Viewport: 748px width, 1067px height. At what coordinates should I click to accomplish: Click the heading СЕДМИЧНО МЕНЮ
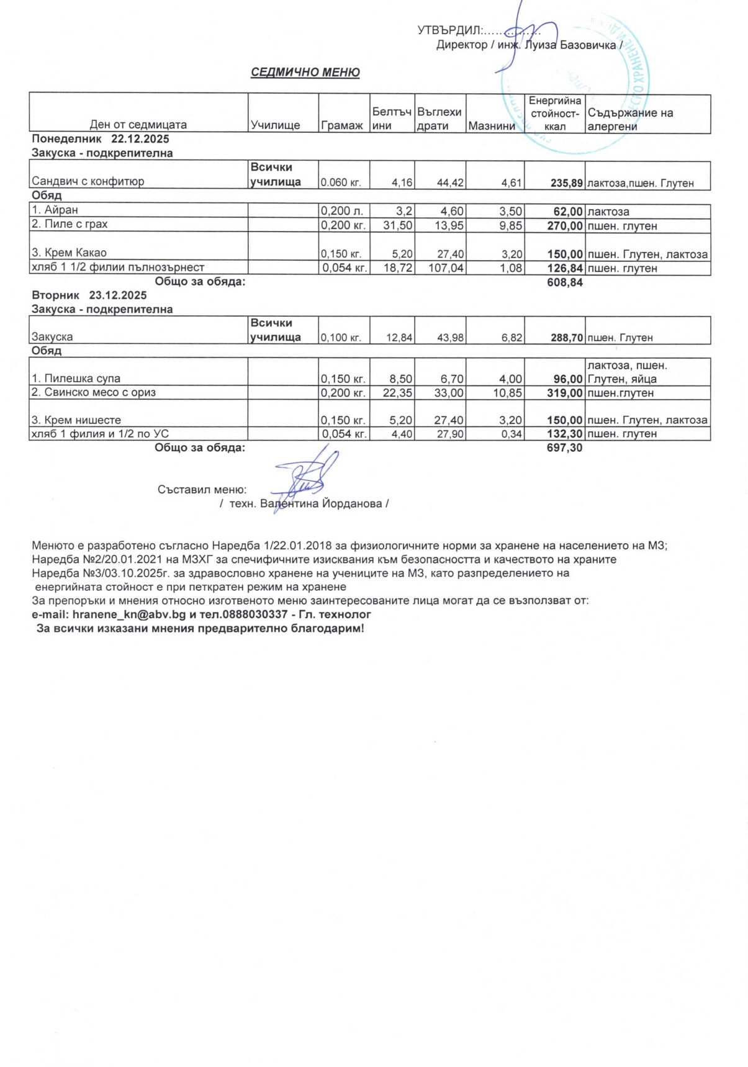pyautogui.click(x=305, y=73)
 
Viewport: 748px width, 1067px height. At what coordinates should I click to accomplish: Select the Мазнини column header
pyautogui.click(x=491, y=126)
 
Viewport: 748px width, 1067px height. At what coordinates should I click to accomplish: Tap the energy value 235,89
pyautogui.click(x=566, y=182)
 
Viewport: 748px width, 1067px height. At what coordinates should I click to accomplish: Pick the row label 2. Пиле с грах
pyautogui.click(x=70, y=224)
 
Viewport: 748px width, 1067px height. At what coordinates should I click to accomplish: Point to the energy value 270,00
pyautogui.click(x=565, y=226)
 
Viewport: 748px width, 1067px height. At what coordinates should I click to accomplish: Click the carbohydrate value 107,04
pyautogui.click(x=446, y=268)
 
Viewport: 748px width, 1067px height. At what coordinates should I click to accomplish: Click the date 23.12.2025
pyautogui.click(x=118, y=295)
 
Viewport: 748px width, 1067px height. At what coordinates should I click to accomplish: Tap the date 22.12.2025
pyautogui.click(x=140, y=139)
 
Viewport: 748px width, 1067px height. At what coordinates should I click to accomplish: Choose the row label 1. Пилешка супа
pyautogui.click(x=76, y=378)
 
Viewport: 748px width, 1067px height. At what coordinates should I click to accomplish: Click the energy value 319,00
pyautogui.click(x=565, y=393)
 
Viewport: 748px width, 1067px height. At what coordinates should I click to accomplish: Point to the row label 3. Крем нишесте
pyautogui.click(x=76, y=420)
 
